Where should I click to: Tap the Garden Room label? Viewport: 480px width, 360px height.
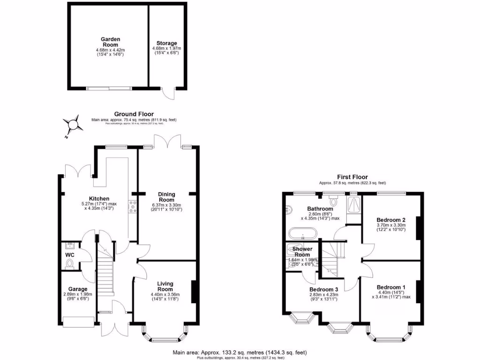(111, 42)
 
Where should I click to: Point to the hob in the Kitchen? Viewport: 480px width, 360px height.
(133, 208)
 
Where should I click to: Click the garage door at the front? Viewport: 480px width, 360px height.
(75, 322)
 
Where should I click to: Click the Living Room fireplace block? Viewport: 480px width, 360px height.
(193, 293)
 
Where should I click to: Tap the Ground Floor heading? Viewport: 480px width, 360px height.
(134, 114)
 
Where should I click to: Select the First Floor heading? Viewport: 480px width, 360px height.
(352, 177)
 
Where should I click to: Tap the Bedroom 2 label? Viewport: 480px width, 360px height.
(391, 220)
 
